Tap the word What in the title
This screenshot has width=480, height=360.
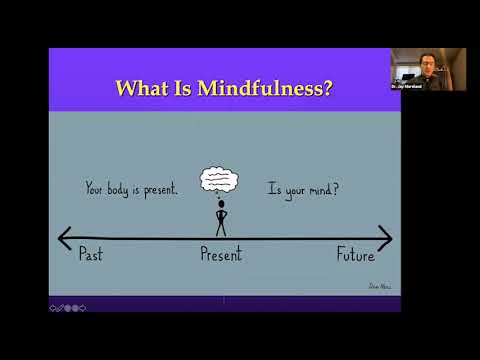tap(141, 87)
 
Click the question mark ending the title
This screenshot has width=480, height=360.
tap(328, 87)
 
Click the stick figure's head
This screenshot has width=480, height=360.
tap(221, 203)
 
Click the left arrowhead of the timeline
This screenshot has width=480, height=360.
tap(64, 238)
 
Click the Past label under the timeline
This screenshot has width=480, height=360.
tap(90, 254)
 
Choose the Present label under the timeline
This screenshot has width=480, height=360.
tap(222, 255)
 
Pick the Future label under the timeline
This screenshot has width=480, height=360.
tap(355, 254)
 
